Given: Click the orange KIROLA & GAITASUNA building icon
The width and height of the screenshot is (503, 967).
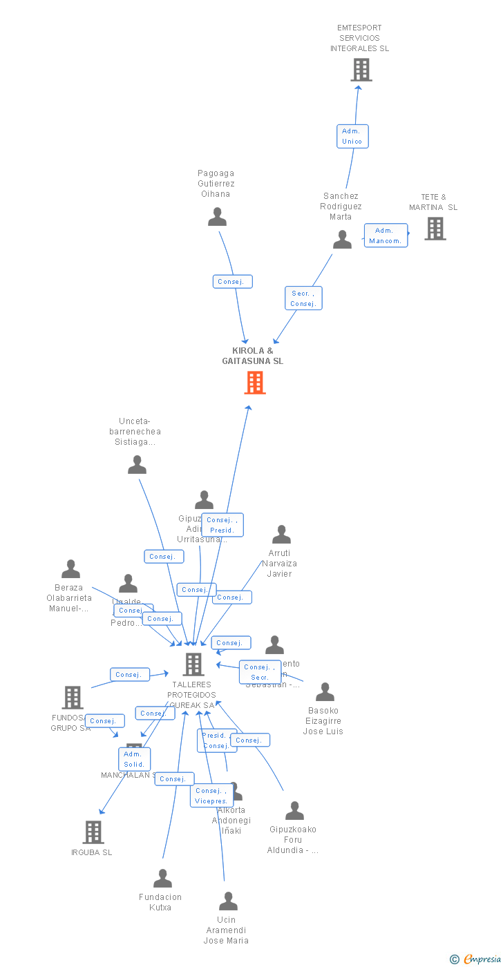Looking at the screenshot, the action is coord(255,383).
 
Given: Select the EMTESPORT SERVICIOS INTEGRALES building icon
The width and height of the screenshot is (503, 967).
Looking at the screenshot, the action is coord(361,70).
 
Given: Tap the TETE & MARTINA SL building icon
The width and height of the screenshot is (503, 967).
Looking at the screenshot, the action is coord(435,229).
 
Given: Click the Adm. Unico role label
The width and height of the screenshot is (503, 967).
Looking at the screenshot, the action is coord(352,136).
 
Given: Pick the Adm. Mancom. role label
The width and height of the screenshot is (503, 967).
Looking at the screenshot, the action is coord(386,236).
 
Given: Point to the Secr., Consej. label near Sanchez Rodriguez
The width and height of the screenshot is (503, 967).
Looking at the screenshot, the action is coord(303,298).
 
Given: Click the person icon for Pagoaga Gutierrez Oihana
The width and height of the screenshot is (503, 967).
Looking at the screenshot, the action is coord(217,218).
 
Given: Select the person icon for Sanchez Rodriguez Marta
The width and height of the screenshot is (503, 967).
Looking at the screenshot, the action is coord(342,240).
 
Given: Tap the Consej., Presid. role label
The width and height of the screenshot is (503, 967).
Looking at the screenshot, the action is coord(222,525).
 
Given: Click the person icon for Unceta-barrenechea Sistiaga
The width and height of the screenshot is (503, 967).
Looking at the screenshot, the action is coord(137,465).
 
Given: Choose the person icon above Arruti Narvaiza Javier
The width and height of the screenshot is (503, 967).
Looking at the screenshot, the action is coord(281,535).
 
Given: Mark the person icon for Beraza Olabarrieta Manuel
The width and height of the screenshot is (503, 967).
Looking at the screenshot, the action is coord(70,569).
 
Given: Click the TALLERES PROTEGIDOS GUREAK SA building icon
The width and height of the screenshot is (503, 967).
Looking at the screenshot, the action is coord(193,664).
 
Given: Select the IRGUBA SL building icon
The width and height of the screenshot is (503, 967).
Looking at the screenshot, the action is coord(93,832).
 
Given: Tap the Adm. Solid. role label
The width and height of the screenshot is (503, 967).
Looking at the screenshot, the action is coord(134,759).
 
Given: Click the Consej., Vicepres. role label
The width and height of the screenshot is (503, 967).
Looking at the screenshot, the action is coord(211,796).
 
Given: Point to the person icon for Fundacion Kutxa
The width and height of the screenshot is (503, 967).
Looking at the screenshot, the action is coord(162,879).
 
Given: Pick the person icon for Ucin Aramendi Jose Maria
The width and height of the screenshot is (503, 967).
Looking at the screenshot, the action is coord(228,901).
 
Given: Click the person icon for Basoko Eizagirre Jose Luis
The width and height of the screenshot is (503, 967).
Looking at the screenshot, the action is coord(325,692).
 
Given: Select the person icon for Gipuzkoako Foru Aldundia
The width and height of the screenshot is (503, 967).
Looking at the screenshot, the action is coord(294,811).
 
